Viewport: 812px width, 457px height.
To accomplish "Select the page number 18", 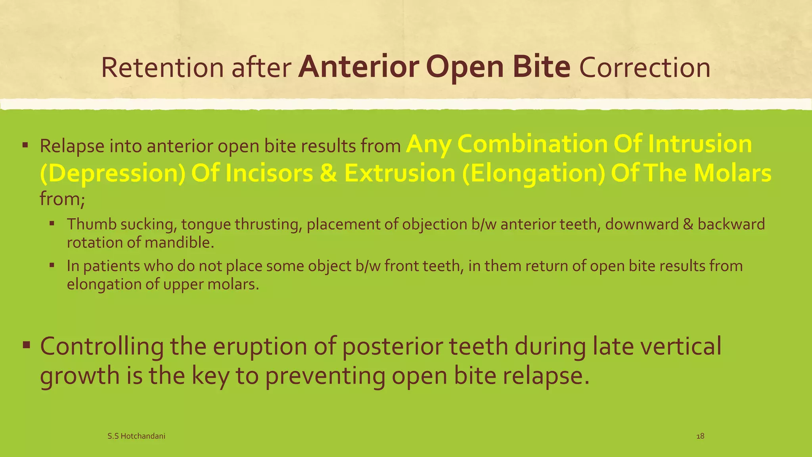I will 700,436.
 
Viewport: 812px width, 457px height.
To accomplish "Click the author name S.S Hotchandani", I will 136,436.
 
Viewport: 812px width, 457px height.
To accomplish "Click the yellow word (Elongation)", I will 533,173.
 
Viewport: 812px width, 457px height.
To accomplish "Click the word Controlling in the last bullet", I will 101,346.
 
